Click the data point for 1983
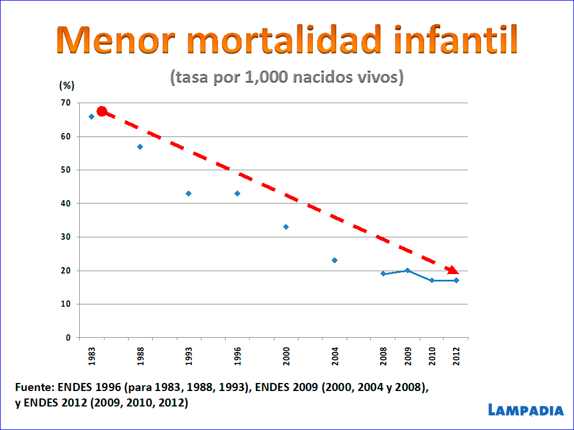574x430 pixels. (91, 116)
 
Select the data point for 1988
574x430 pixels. (140, 147)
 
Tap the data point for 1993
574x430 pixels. (188, 194)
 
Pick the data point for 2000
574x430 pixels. (286, 227)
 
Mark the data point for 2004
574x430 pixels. (335, 260)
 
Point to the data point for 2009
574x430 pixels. (408, 271)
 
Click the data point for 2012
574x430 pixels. (456, 280)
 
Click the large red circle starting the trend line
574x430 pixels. (102, 111)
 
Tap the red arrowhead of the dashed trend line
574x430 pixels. (453, 269)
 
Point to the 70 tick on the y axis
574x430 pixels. (66, 103)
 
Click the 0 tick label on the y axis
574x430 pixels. (68, 338)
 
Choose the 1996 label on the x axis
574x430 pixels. (238, 357)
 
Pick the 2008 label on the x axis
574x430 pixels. (383, 357)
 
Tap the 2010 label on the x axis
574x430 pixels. (432, 357)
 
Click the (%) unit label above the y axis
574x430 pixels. (67, 85)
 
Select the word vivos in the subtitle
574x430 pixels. (379, 77)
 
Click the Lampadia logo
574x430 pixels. (526, 409)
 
